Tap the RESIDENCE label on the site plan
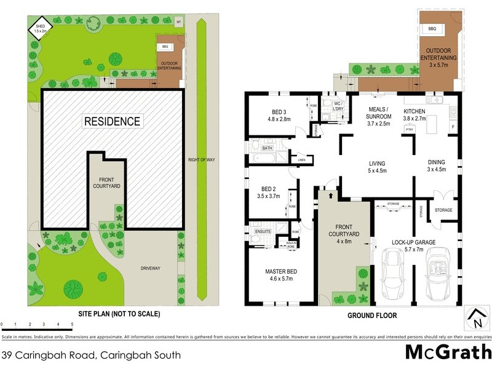pos(112,121)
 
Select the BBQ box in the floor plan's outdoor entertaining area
pos(432,29)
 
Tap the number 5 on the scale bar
pos(72,323)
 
